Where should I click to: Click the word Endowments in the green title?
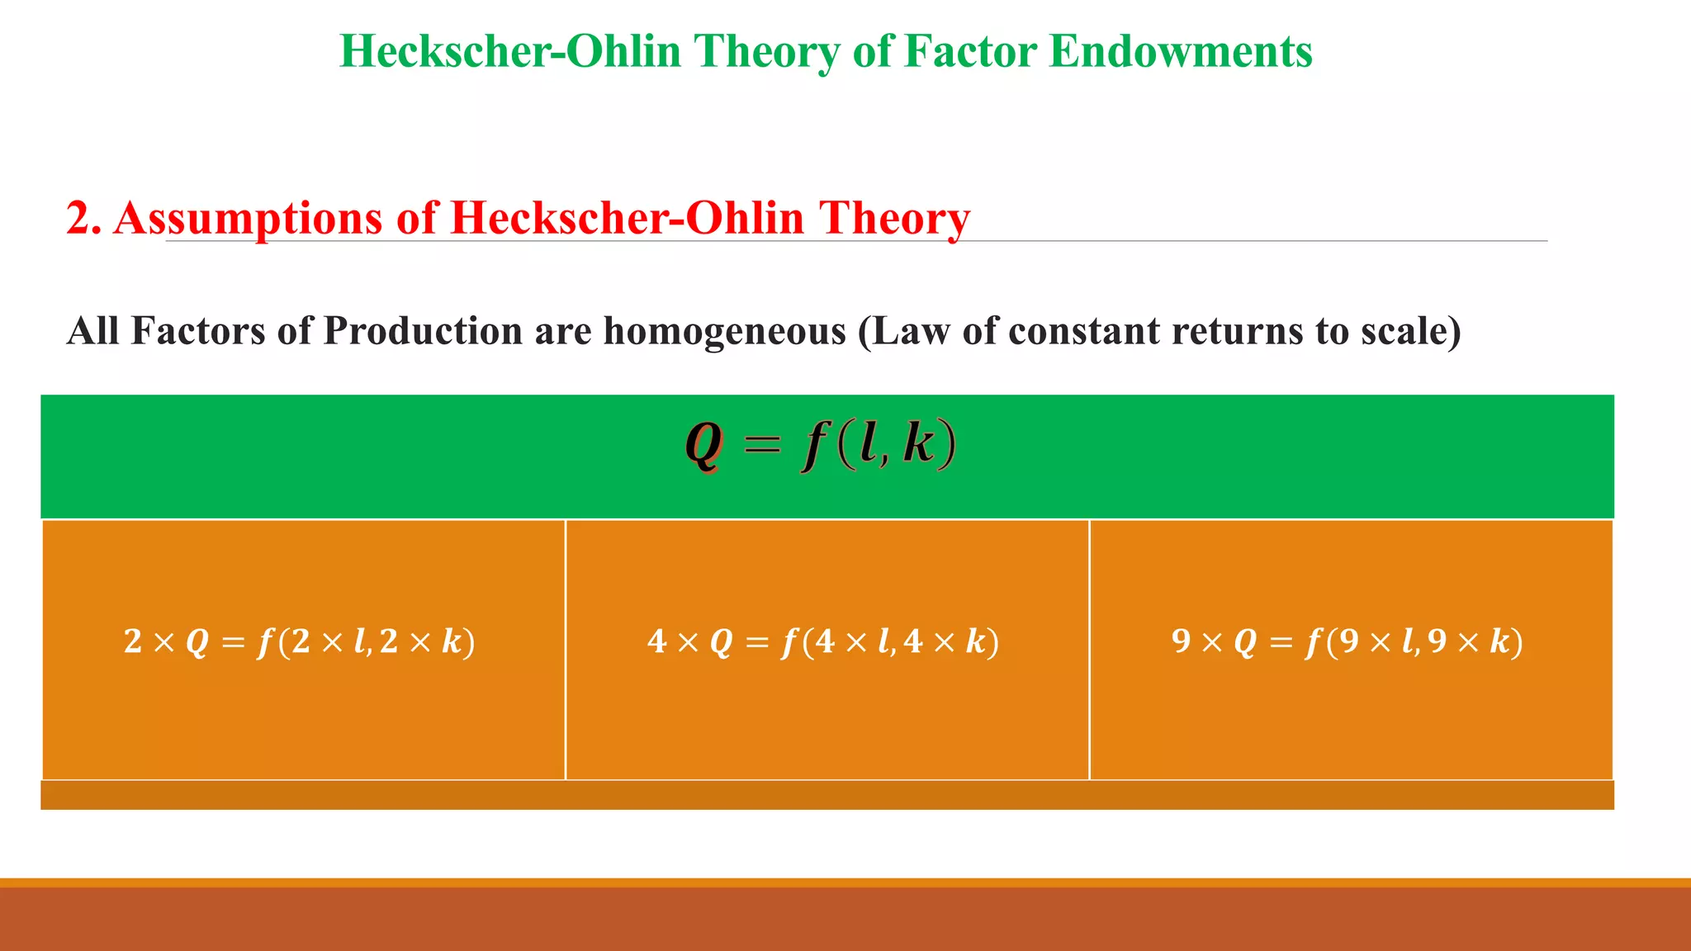pos(1181,51)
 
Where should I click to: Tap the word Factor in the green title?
pos(971,51)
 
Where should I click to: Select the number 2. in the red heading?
pos(83,218)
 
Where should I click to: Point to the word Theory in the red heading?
pos(894,219)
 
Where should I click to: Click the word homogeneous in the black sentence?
pos(725,331)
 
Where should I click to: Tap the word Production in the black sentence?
pos(423,331)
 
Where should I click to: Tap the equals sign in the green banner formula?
pos(761,446)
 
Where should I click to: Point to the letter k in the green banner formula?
pos(919,443)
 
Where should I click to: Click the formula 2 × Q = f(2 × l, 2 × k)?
pos(300,641)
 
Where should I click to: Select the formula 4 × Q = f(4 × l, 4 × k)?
pos(823,641)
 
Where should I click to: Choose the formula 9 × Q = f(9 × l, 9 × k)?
pos(1347,641)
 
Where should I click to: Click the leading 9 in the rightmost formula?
pos(1182,641)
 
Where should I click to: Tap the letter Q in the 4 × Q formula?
pos(721,642)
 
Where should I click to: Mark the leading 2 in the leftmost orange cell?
pos(133,641)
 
